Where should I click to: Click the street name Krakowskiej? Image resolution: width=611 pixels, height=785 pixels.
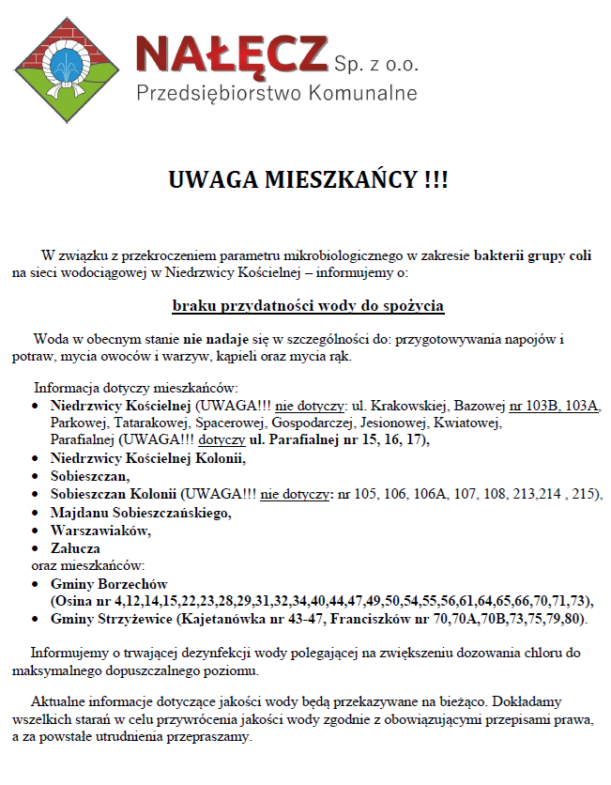[x=412, y=407]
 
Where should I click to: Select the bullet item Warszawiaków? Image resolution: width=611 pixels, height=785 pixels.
[x=99, y=530]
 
